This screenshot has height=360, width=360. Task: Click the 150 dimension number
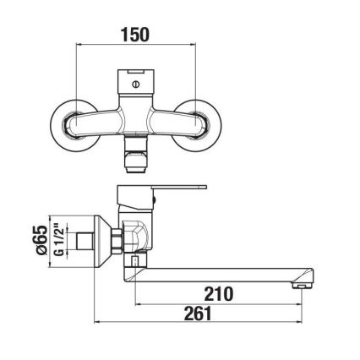(135, 35)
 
